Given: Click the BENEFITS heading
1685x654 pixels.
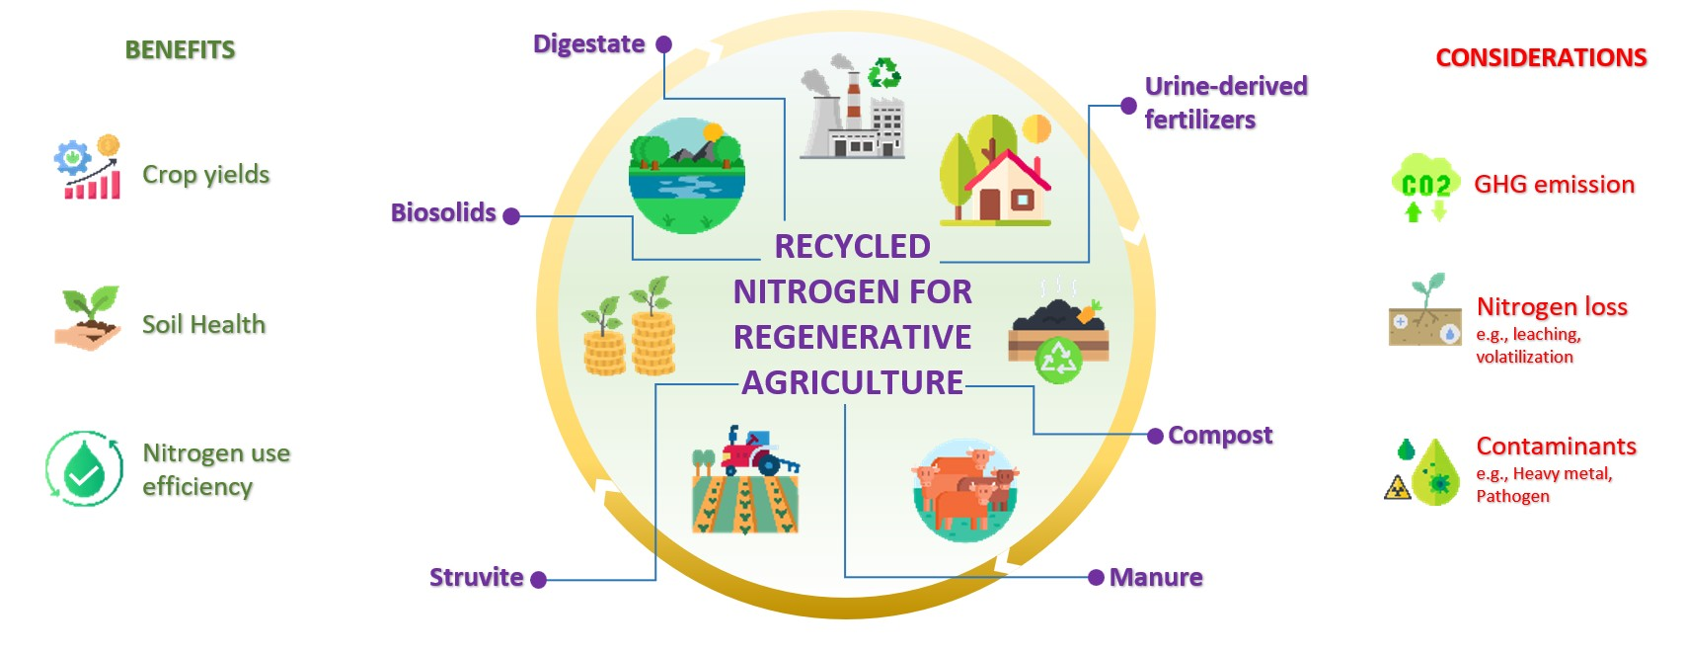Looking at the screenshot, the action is click(x=180, y=49).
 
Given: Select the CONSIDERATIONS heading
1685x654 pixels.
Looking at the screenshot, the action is click(x=1540, y=57).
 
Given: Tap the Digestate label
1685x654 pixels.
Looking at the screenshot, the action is click(x=588, y=43).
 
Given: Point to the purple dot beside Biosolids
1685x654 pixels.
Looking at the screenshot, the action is click(x=511, y=216).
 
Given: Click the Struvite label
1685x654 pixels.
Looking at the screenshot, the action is click(x=476, y=577).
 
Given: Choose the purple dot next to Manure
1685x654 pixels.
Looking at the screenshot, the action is click(x=1096, y=577).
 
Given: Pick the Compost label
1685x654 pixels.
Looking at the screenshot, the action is click(x=1220, y=435).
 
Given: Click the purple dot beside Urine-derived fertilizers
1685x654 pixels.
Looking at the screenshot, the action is click(x=1128, y=106).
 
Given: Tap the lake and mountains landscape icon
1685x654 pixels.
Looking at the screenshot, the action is click(x=687, y=175).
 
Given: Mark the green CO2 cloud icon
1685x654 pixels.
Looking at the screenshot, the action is click(x=1425, y=185).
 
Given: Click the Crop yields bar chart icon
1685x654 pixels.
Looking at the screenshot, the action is click(x=89, y=169).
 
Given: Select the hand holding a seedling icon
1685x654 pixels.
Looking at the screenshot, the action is click(x=88, y=318).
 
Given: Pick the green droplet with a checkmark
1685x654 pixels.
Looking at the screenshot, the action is click(x=85, y=468).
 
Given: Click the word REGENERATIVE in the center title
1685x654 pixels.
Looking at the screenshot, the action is click(x=852, y=337).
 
